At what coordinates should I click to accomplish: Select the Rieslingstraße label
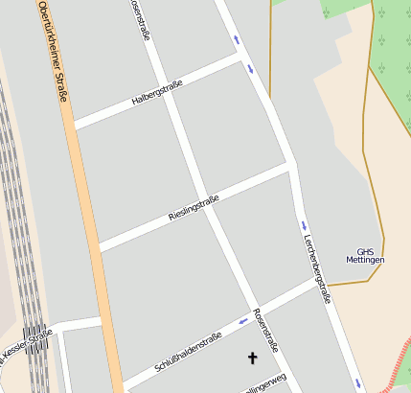pyautogui.click(x=194, y=207)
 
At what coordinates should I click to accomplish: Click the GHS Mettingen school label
pyautogui.click(x=365, y=256)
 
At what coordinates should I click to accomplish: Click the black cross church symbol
pyautogui.click(x=253, y=358)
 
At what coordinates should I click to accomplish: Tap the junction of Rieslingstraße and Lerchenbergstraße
pyautogui.click(x=289, y=165)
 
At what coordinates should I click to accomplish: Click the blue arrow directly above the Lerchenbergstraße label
pyautogui.click(x=302, y=226)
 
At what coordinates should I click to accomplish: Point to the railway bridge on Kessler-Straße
pyautogui.click(x=36, y=337)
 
